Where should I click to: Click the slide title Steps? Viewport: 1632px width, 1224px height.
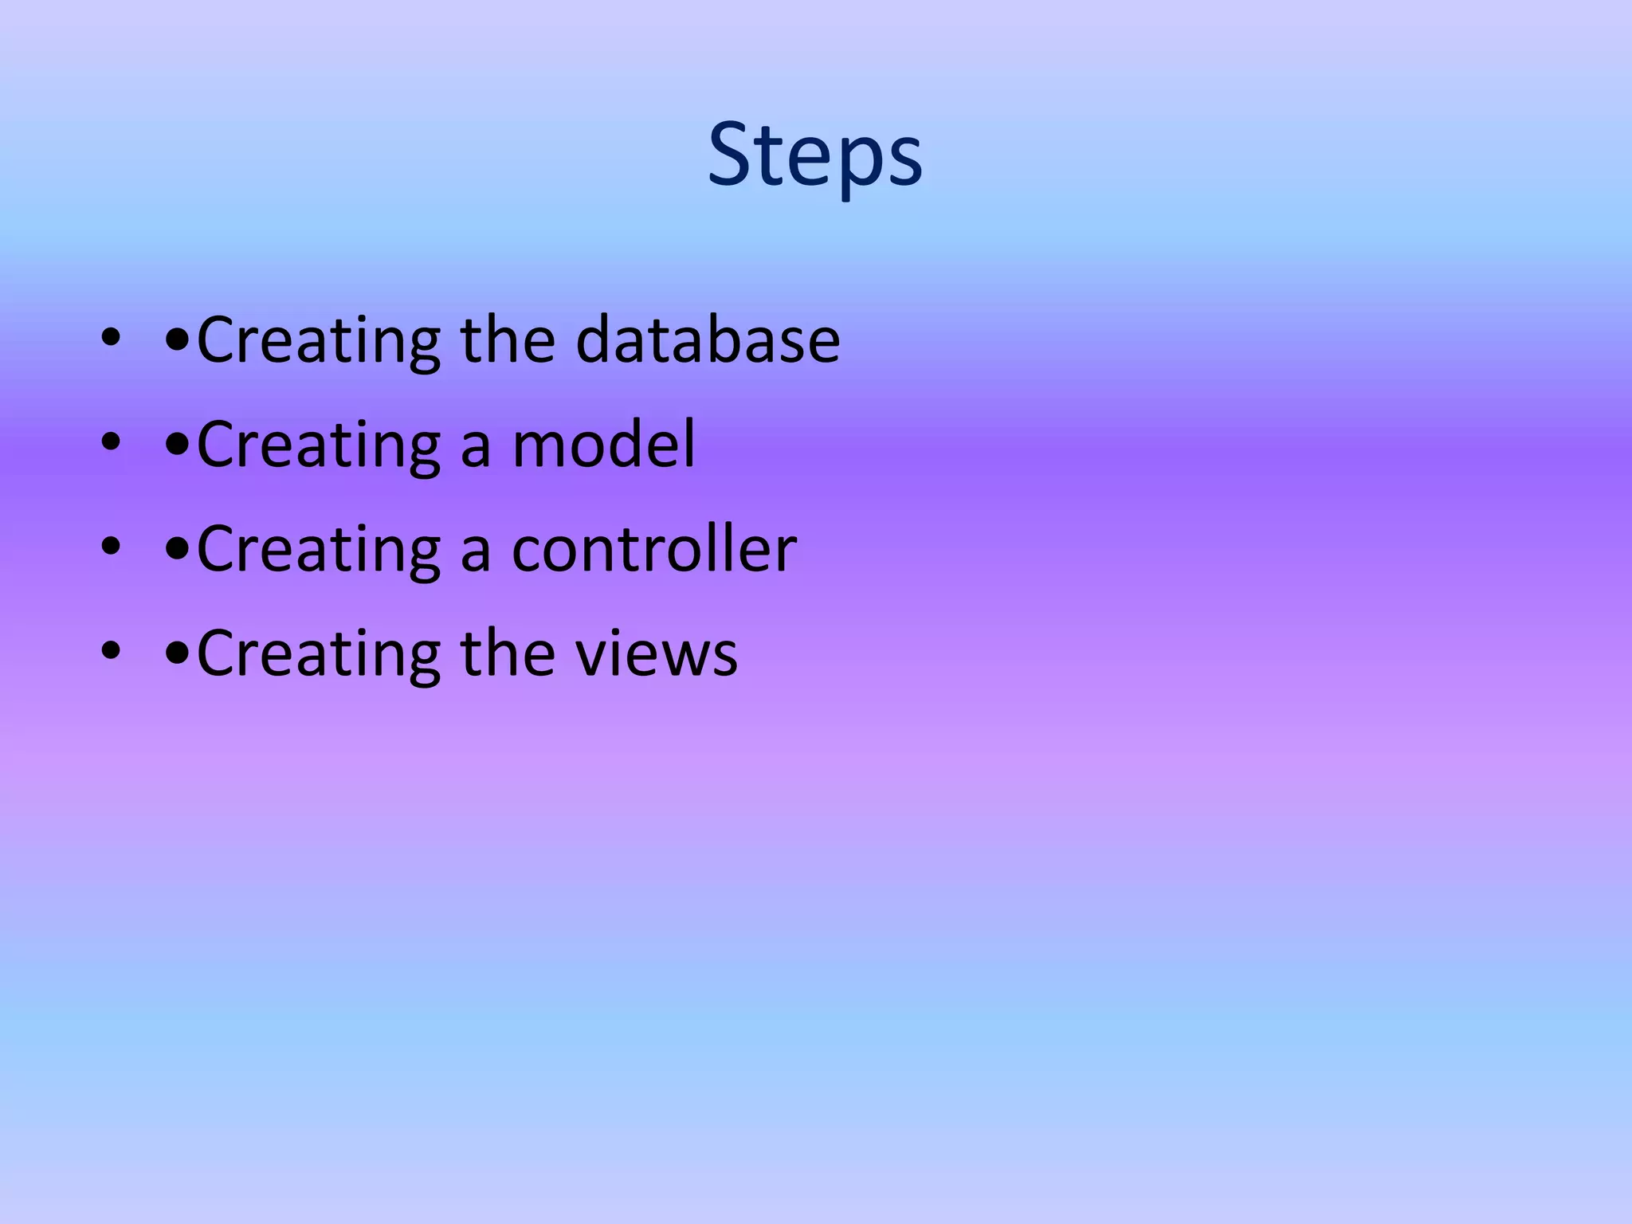tap(815, 155)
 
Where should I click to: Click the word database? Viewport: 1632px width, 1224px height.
tap(708, 340)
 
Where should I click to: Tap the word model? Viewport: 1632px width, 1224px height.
tap(604, 445)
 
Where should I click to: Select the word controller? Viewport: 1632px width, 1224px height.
tap(653, 549)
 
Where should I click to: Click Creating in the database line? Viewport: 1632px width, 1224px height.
tap(318, 340)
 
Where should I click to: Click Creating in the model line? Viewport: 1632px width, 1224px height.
tap(318, 445)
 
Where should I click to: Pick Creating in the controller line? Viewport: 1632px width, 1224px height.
tap(318, 549)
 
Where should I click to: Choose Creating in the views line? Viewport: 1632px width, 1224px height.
tap(318, 653)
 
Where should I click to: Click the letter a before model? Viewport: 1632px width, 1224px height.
tap(476, 448)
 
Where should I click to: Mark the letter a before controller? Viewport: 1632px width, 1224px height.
tap(476, 552)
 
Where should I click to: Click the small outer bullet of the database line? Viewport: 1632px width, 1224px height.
tap(111, 339)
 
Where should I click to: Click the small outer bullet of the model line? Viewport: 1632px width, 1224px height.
tap(111, 443)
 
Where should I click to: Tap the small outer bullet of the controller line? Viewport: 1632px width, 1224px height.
tap(111, 547)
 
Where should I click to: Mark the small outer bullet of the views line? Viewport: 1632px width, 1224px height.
tap(111, 652)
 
